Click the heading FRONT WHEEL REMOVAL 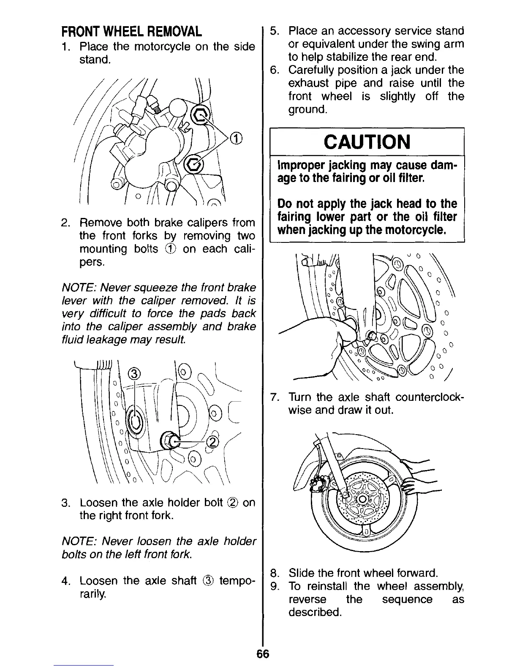(x=131, y=32)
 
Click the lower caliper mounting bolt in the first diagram (x=195, y=163)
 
